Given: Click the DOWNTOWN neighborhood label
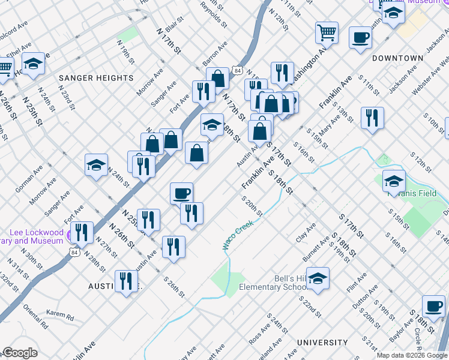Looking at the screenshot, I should pyautogui.click(x=397, y=58).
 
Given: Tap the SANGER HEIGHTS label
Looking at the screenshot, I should pyautogui.click(x=95, y=78).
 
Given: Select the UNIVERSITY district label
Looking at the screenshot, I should pyautogui.click(x=322, y=343).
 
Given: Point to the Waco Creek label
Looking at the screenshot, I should pyautogui.click(x=238, y=233).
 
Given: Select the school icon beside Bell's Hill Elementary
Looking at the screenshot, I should pyautogui.click(x=318, y=278).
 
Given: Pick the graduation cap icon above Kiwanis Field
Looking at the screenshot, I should pyautogui.click(x=393, y=179).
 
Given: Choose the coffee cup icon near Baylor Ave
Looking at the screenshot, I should pyautogui.click(x=433, y=306).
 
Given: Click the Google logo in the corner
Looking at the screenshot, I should pyautogui.click(x=20, y=353).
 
